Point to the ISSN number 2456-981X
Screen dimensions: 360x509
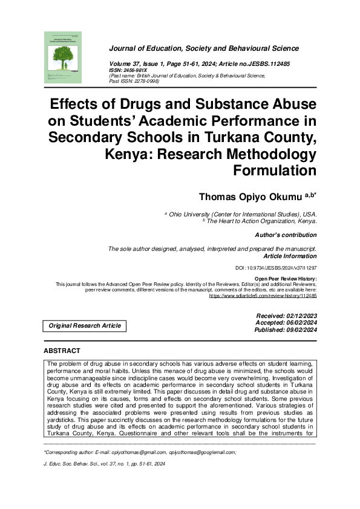136,70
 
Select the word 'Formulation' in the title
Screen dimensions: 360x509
275,171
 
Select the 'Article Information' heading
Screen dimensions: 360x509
290,256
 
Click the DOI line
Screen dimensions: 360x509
276,267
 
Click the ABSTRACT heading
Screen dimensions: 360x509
62,351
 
